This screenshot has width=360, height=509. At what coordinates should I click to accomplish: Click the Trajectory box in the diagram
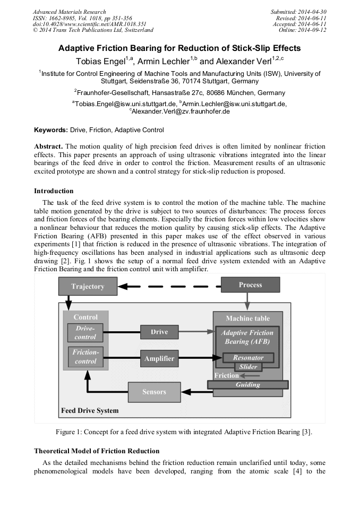coord(88,287)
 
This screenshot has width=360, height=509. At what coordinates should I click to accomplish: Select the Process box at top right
coord(250,285)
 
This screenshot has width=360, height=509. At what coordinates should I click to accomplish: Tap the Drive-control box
coord(85,333)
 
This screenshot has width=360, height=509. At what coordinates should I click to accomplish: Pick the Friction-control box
coord(85,357)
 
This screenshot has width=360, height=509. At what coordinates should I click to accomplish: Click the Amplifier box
coord(159,359)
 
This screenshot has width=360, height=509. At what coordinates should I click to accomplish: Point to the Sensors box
coord(154,392)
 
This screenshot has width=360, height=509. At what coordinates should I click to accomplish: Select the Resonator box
coord(248,358)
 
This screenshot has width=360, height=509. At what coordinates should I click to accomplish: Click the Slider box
coord(248,367)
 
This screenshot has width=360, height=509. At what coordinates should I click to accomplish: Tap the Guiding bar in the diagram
coord(247,384)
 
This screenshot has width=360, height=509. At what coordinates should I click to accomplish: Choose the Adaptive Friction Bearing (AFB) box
coord(247,337)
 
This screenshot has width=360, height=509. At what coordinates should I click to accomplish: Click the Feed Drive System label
coord(90,411)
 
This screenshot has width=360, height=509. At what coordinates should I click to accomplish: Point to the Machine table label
coord(247,318)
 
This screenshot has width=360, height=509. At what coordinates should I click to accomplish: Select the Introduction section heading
coord(54,191)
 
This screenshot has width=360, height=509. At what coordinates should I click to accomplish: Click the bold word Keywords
coord(50,130)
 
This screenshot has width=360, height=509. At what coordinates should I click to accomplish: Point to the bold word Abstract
coord(48,146)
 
